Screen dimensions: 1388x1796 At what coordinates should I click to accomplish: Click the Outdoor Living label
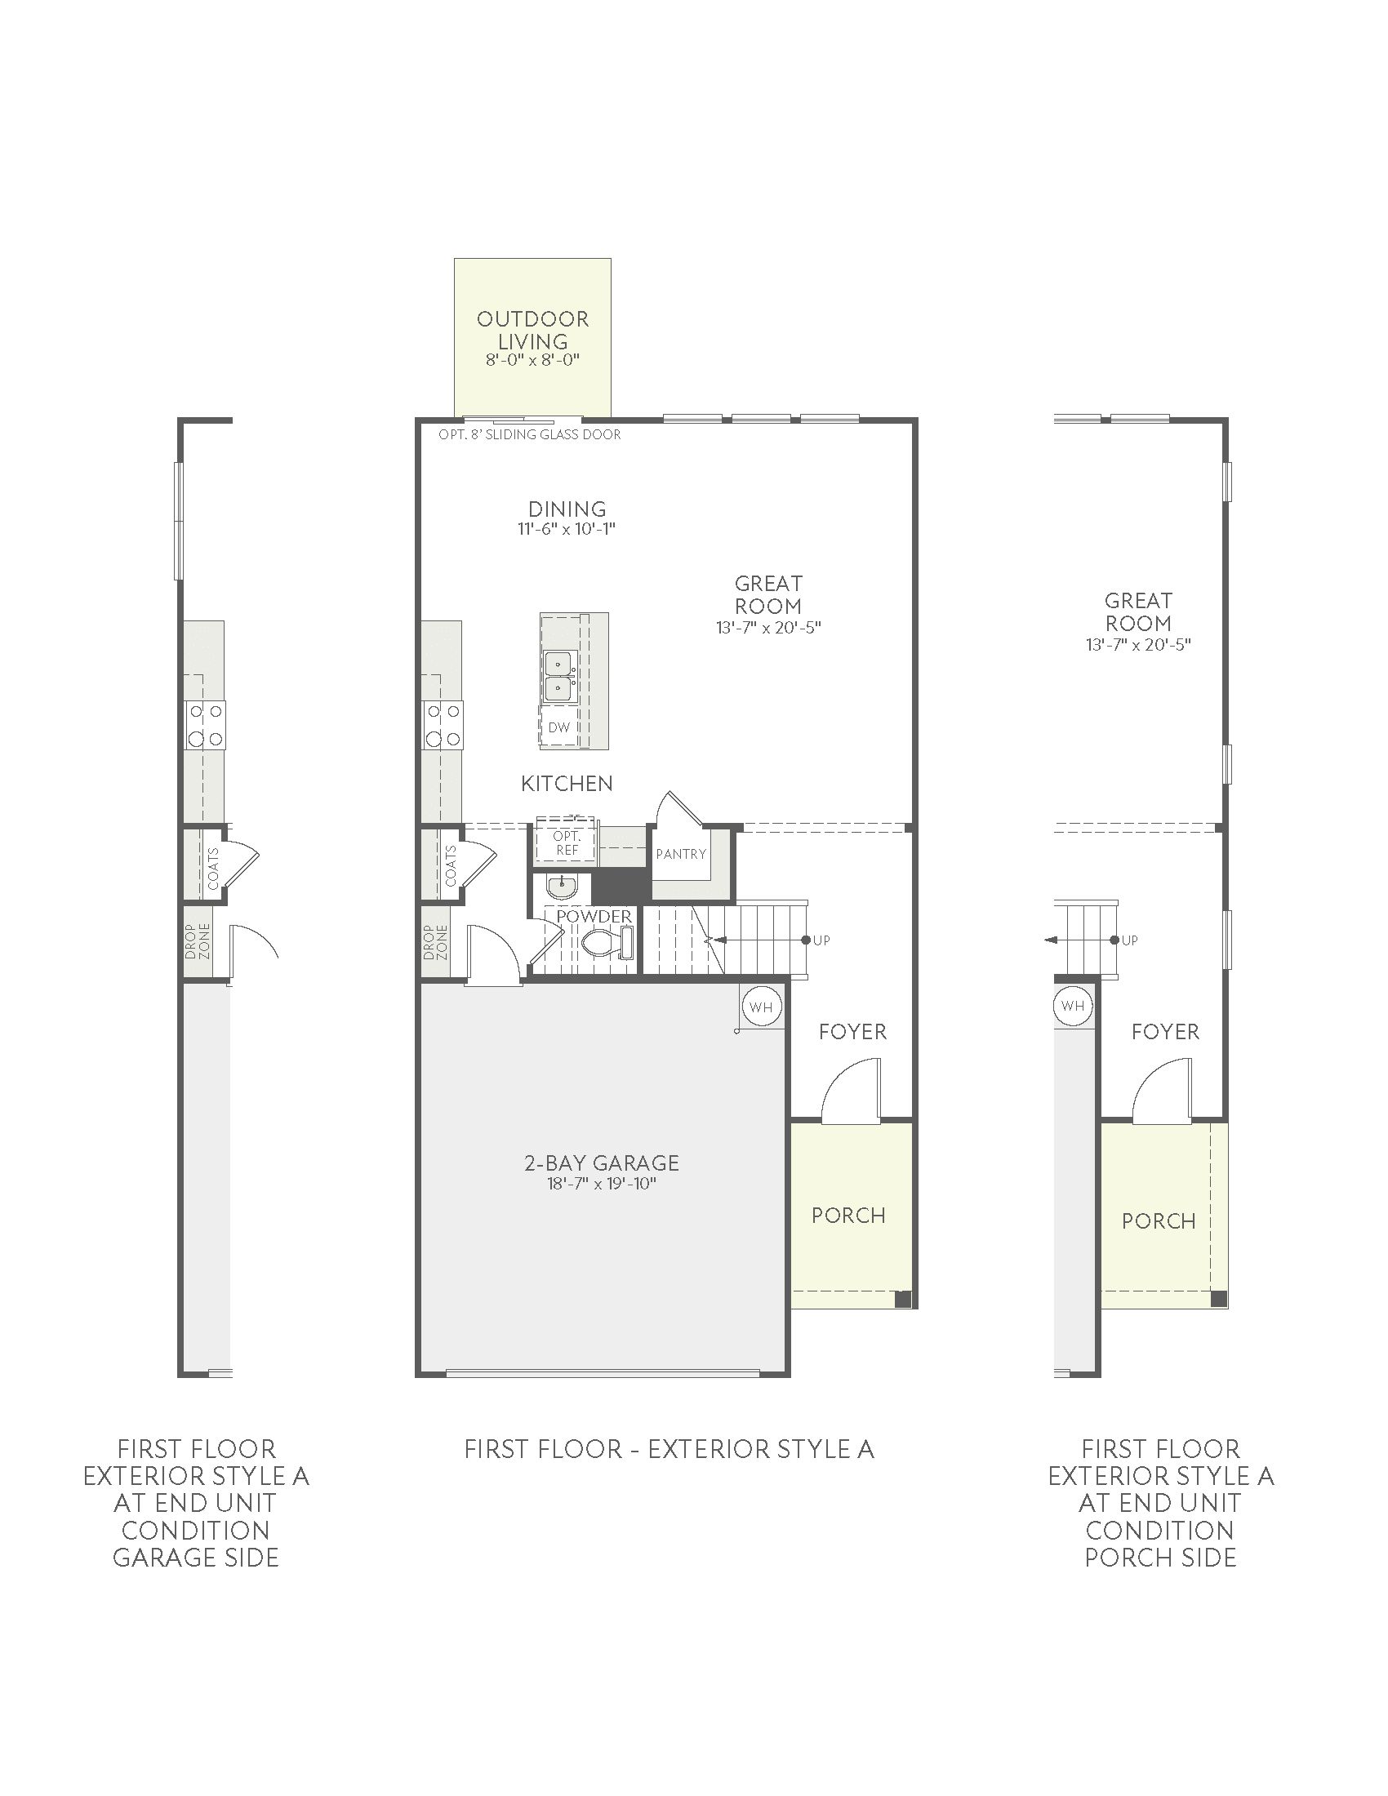(x=533, y=330)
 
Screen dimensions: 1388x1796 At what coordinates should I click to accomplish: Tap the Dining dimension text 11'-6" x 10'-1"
(x=567, y=529)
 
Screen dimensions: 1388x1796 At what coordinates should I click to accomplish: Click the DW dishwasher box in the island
(x=558, y=727)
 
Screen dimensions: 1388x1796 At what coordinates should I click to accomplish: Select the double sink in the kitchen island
(x=560, y=677)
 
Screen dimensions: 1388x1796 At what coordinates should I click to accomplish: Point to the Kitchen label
(x=567, y=784)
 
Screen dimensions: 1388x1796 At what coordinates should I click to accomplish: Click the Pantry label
(x=681, y=854)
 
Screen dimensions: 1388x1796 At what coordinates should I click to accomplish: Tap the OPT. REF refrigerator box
(x=567, y=843)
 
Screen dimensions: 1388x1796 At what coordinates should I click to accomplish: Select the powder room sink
(x=563, y=887)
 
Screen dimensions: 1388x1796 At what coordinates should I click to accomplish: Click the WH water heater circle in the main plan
(x=761, y=1007)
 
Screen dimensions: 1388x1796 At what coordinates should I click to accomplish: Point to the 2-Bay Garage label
(x=602, y=1163)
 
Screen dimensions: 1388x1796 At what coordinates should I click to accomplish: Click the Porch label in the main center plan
(x=848, y=1216)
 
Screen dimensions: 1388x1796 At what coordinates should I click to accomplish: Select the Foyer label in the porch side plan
(x=1165, y=1031)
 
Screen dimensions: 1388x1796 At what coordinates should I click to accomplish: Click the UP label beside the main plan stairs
(x=821, y=940)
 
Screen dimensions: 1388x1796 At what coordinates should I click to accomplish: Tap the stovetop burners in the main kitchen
(x=443, y=724)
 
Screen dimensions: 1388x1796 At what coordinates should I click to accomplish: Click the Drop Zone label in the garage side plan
(x=198, y=941)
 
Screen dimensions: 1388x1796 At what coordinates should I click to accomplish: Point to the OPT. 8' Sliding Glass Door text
(x=530, y=434)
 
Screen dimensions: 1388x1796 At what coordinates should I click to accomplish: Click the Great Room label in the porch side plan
(x=1138, y=611)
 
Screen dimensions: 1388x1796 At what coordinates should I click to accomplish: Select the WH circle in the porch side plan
(x=1071, y=1006)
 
